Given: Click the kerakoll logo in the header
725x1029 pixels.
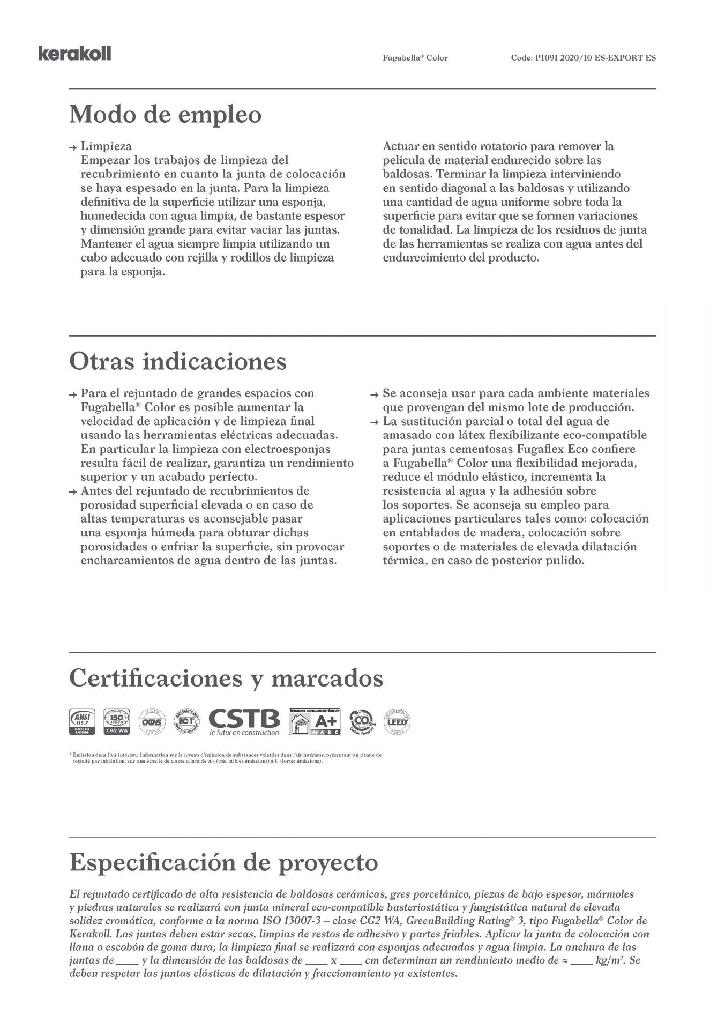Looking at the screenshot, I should click(x=74, y=54).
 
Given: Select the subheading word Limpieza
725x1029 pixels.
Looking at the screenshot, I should click(x=106, y=146).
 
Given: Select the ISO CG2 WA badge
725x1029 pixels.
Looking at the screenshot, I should click(x=115, y=721).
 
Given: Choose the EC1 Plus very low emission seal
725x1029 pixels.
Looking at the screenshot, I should click(x=186, y=721).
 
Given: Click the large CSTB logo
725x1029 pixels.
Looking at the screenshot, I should click(x=244, y=720).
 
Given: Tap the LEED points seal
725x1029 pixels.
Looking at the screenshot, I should click(x=397, y=721).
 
